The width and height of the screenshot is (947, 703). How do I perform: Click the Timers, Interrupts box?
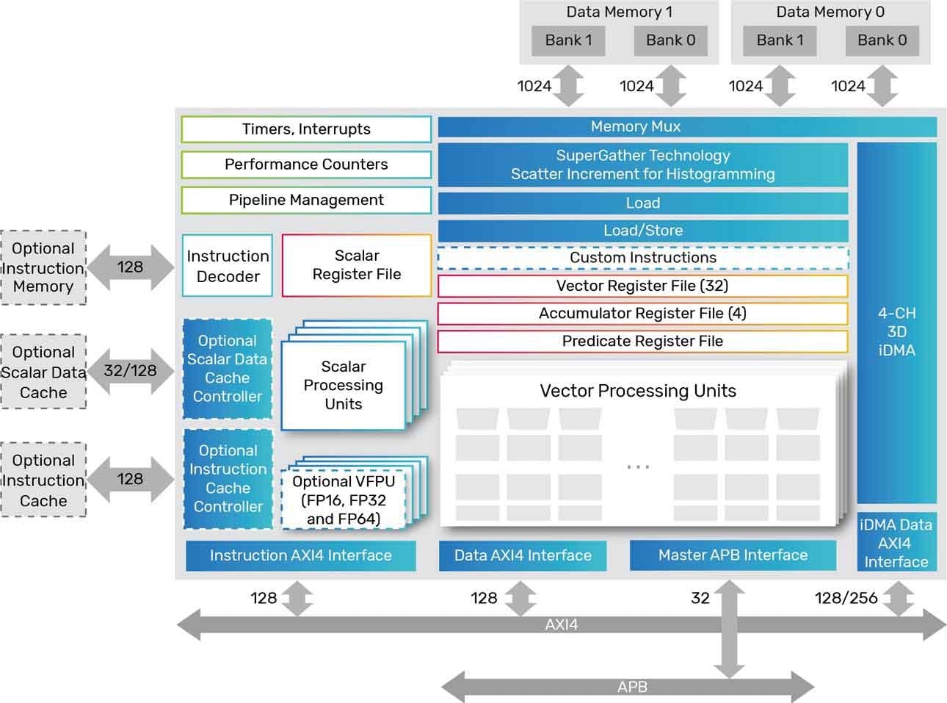coord(306,129)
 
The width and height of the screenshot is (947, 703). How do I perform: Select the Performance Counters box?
coord(306,165)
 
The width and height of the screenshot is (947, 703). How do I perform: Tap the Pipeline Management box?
coord(306,200)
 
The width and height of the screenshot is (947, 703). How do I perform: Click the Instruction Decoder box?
coord(228,266)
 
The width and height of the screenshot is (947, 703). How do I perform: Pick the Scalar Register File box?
coord(357,265)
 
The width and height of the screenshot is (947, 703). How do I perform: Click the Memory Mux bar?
coord(636,127)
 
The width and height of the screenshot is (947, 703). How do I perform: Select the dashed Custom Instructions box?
coord(643,258)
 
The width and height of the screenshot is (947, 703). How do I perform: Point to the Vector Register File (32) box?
coord(642,286)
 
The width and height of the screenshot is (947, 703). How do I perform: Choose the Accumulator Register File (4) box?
coord(642,314)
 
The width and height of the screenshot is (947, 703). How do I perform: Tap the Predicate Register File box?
coord(642,342)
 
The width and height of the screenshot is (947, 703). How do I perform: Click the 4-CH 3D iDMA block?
coord(896,332)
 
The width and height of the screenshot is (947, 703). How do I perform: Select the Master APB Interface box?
coord(733,555)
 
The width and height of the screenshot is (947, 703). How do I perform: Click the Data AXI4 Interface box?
coord(523,556)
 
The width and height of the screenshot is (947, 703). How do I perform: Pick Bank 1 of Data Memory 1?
coord(568,40)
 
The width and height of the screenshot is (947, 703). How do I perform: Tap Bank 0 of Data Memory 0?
coord(882,40)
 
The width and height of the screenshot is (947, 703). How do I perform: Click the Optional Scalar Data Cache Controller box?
coord(228,369)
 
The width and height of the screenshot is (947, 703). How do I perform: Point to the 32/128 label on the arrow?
coord(130,371)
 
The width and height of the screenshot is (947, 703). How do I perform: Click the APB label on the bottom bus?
coord(632,688)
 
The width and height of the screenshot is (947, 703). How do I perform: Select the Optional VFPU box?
coord(344,500)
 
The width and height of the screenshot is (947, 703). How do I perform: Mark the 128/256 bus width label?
coord(846,598)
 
